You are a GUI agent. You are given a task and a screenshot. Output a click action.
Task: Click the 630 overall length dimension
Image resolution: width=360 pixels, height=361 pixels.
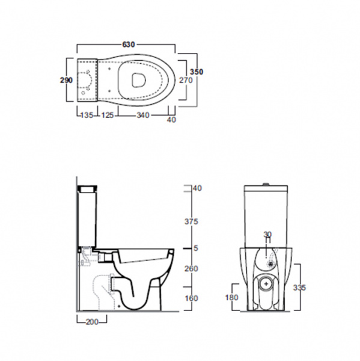coord(129,45)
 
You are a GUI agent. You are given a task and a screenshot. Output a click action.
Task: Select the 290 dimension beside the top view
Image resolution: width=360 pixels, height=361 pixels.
coord(66,80)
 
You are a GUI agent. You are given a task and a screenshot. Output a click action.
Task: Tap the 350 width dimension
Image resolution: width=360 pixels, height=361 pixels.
coord(197,72)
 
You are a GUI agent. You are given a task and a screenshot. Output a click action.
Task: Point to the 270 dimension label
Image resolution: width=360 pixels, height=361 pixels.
coord(186,80)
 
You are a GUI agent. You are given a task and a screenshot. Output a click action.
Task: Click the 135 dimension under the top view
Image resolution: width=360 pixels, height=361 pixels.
coord(87,115)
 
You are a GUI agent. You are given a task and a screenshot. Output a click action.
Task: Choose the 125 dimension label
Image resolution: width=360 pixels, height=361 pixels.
coord(108,115)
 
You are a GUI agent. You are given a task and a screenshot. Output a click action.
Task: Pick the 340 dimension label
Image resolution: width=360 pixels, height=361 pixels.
coord(143,115)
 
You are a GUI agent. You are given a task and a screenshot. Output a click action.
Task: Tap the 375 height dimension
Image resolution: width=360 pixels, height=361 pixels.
coord(191,221)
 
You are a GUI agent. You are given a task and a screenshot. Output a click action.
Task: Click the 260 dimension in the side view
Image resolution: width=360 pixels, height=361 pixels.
coord(191,268)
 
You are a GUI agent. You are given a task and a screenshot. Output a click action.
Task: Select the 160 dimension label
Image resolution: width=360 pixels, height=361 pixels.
coord(191,298)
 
